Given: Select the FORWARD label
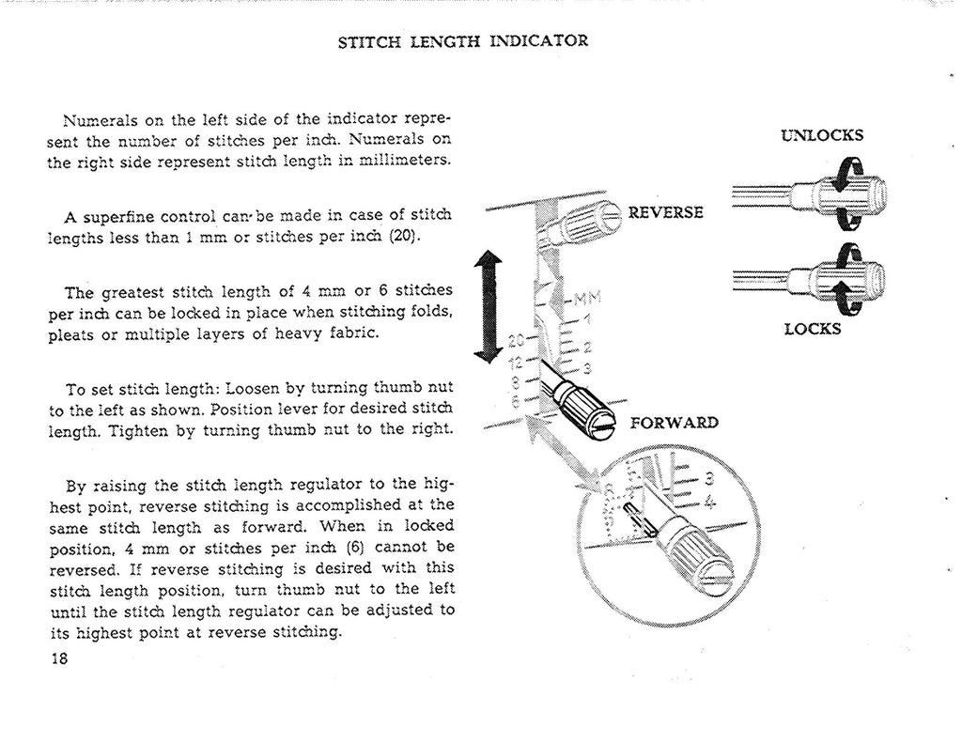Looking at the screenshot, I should [674, 422].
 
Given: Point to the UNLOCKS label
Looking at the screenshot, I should [822, 134].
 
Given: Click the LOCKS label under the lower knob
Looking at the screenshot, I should [814, 329].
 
